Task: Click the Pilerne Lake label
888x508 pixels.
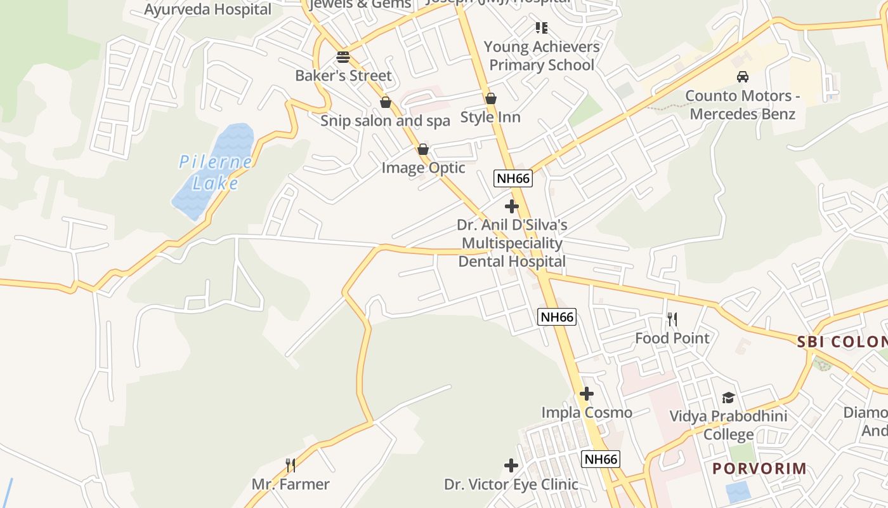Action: pyautogui.click(x=215, y=173)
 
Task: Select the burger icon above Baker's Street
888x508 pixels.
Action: pyautogui.click(x=343, y=57)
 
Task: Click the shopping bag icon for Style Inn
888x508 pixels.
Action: pyautogui.click(x=490, y=98)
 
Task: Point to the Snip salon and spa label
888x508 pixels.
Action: pyautogui.click(x=385, y=121)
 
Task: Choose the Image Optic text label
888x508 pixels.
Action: pyautogui.click(x=423, y=168)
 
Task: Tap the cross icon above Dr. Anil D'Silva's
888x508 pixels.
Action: pyautogui.click(x=511, y=206)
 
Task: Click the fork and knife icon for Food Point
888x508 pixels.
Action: pyautogui.click(x=672, y=319)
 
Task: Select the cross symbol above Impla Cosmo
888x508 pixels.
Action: pyautogui.click(x=587, y=394)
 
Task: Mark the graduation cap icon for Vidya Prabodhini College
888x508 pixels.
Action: pyautogui.click(x=728, y=398)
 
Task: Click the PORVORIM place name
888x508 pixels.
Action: pyautogui.click(x=759, y=469)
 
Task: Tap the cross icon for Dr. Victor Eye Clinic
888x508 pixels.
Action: pyautogui.click(x=511, y=465)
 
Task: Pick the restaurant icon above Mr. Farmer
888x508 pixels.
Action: pyautogui.click(x=291, y=465)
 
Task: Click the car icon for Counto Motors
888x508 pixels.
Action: pyautogui.click(x=742, y=77)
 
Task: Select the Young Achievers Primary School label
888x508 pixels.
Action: pyautogui.click(x=542, y=56)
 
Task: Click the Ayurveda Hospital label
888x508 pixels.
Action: pyautogui.click(x=208, y=10)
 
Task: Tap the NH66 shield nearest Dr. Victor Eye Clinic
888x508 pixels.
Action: pyautogui.click(x=600, y=459)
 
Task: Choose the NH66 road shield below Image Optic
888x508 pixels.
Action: pyautogui.click(x=513, y=178)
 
